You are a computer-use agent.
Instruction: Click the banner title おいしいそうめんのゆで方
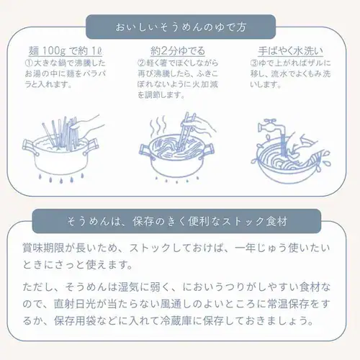[181, 27]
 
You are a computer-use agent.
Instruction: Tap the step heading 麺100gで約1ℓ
[66, 51]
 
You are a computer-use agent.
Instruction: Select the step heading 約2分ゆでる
[178, 51]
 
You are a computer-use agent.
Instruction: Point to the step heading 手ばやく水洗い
[291, 51]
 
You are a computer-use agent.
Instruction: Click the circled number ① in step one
[29, 63]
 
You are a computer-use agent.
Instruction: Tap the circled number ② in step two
[141, 63]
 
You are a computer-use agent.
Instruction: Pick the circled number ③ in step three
[254, 63]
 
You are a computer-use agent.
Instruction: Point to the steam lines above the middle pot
[158, 127]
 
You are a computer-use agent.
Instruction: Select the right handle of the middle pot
[208, 150]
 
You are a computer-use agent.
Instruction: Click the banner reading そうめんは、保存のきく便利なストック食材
[176, 221]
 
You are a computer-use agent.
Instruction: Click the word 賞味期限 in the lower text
[43, 248]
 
